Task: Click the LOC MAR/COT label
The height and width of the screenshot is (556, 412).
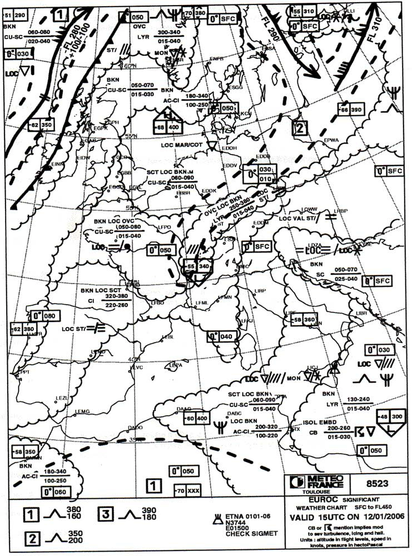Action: tap(181, 145)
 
